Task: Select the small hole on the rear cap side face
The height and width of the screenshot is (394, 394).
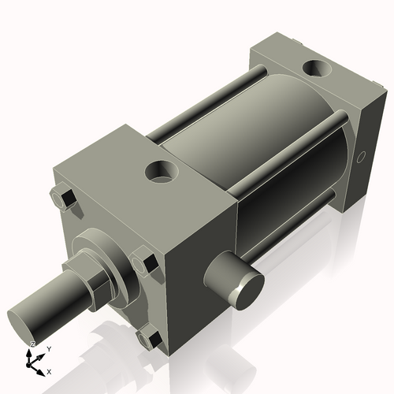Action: pyautogui.click(x=362, y=157)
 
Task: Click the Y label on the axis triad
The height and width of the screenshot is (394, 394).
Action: pyautogui.click(x=49, y=348)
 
